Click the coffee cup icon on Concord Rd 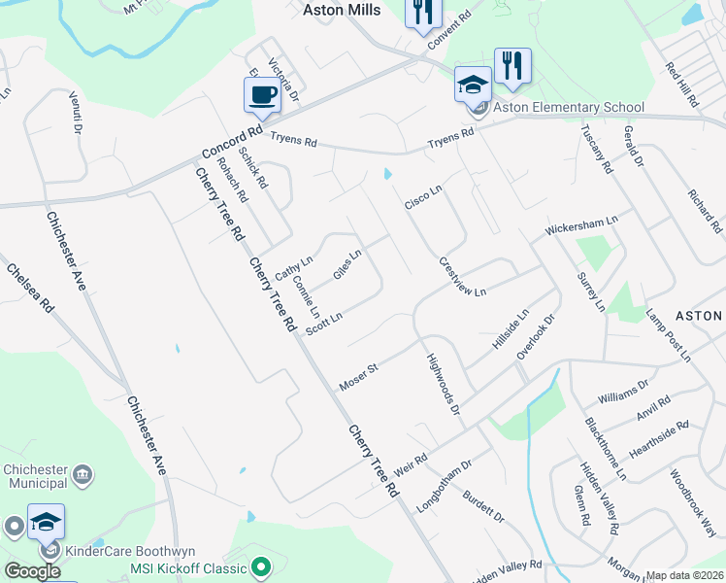(x=263, y=95)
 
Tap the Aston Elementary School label (x=568, y=107)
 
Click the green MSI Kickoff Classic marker (x=260, y=565)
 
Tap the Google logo (x=31, y=571)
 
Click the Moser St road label (x=357, y=377)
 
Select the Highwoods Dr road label (x=442, y=384)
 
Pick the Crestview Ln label (x=462, y=277)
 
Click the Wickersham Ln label (x=580, y=228)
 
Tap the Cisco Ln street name (x=423, y=196)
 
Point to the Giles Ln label (x=347, y=264)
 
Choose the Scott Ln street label (x=324, y=324)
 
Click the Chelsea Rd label (x=30, y=290)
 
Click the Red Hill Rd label (x=682, y=84)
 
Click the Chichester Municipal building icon (x=83, y=475)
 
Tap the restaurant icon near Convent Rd (x=423, y=14)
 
